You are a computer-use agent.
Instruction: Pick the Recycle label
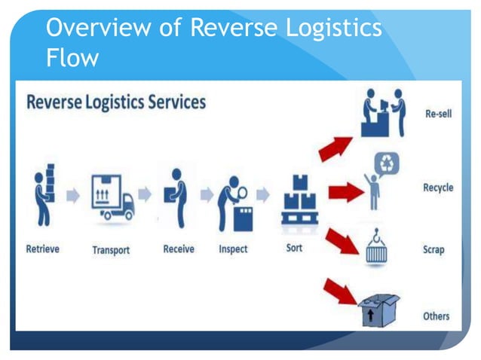pos(438,188)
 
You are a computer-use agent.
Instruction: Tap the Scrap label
pos(435,249)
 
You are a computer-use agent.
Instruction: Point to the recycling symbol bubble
pos(388,163)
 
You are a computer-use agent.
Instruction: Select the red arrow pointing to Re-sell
pos(335,146)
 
